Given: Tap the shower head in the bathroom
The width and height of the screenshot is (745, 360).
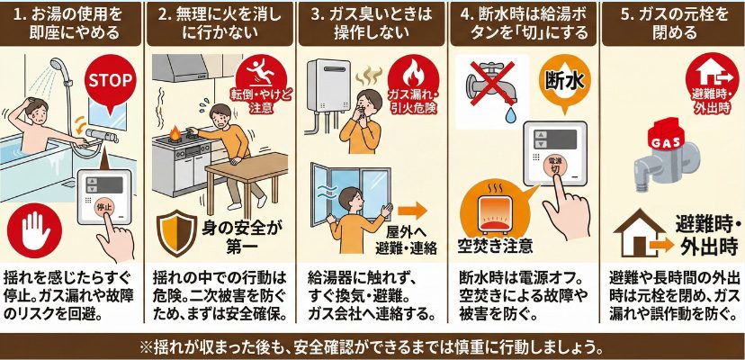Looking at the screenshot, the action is pyautogui.click(x=58, y=65).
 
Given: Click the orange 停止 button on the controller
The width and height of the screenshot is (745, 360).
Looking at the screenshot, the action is pyautogui.click(x=103, y=208).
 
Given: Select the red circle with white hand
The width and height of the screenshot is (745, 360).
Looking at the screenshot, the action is pyautogui.click(x=34, y=230).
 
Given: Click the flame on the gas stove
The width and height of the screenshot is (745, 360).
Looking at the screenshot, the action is pyautogui.click(x=175, y=134).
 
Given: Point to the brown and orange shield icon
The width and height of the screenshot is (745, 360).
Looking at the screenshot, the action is pyautogui.click(x=176, y=233).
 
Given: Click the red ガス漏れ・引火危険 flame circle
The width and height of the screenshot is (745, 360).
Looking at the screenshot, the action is pyautogui.click(x=412, y=85).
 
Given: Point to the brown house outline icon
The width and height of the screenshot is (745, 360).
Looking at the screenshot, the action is pyautogui.click(x=639, y=234).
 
